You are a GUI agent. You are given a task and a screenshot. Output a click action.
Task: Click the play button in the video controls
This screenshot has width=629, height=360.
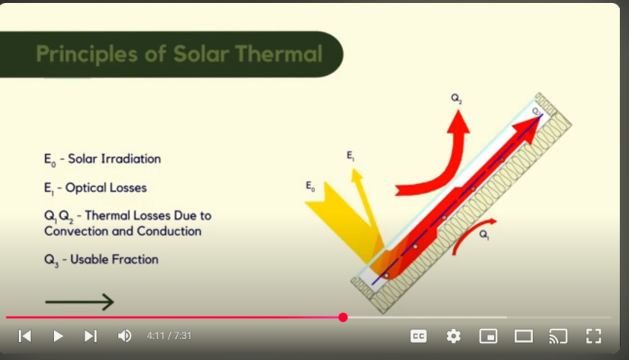[58, 336]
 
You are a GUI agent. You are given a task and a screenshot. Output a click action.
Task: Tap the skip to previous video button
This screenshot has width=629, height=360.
[25, 336]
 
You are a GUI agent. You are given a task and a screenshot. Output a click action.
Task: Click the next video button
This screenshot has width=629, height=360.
[91, 336]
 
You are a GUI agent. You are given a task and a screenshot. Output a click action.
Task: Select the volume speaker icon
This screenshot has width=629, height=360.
[125, 336]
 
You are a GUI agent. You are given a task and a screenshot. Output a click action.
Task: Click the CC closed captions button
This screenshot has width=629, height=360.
[418, 336]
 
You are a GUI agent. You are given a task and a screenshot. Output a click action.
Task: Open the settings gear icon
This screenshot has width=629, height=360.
[453, 336]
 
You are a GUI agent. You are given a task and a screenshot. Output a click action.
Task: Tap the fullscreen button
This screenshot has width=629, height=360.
[593, 336]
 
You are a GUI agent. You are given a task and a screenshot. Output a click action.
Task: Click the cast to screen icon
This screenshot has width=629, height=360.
[558, 336]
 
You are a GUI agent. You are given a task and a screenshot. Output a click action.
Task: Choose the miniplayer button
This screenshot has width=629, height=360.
[488, 336]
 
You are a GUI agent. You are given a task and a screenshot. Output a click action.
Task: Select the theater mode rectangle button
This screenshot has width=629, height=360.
[523, 336]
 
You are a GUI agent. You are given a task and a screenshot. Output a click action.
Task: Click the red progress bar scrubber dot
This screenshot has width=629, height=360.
[343, 317]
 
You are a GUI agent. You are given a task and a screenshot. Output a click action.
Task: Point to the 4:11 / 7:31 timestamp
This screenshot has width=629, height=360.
[169, 335]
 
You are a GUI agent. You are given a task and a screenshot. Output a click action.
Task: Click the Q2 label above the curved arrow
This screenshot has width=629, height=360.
[456, 98]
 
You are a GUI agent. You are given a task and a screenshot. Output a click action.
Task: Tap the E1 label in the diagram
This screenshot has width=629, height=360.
[350, 155]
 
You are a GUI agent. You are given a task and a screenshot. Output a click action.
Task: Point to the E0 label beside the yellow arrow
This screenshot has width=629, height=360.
[310, 186]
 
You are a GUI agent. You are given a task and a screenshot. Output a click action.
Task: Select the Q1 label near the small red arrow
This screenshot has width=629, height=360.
[484, 234]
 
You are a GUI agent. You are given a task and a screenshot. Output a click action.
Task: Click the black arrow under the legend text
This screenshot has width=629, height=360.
[79, 302]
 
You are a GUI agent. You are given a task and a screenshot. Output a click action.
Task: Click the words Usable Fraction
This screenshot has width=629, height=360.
[114, 259]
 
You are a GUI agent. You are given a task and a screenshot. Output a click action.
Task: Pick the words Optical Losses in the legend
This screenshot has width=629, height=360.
[106, 188]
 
